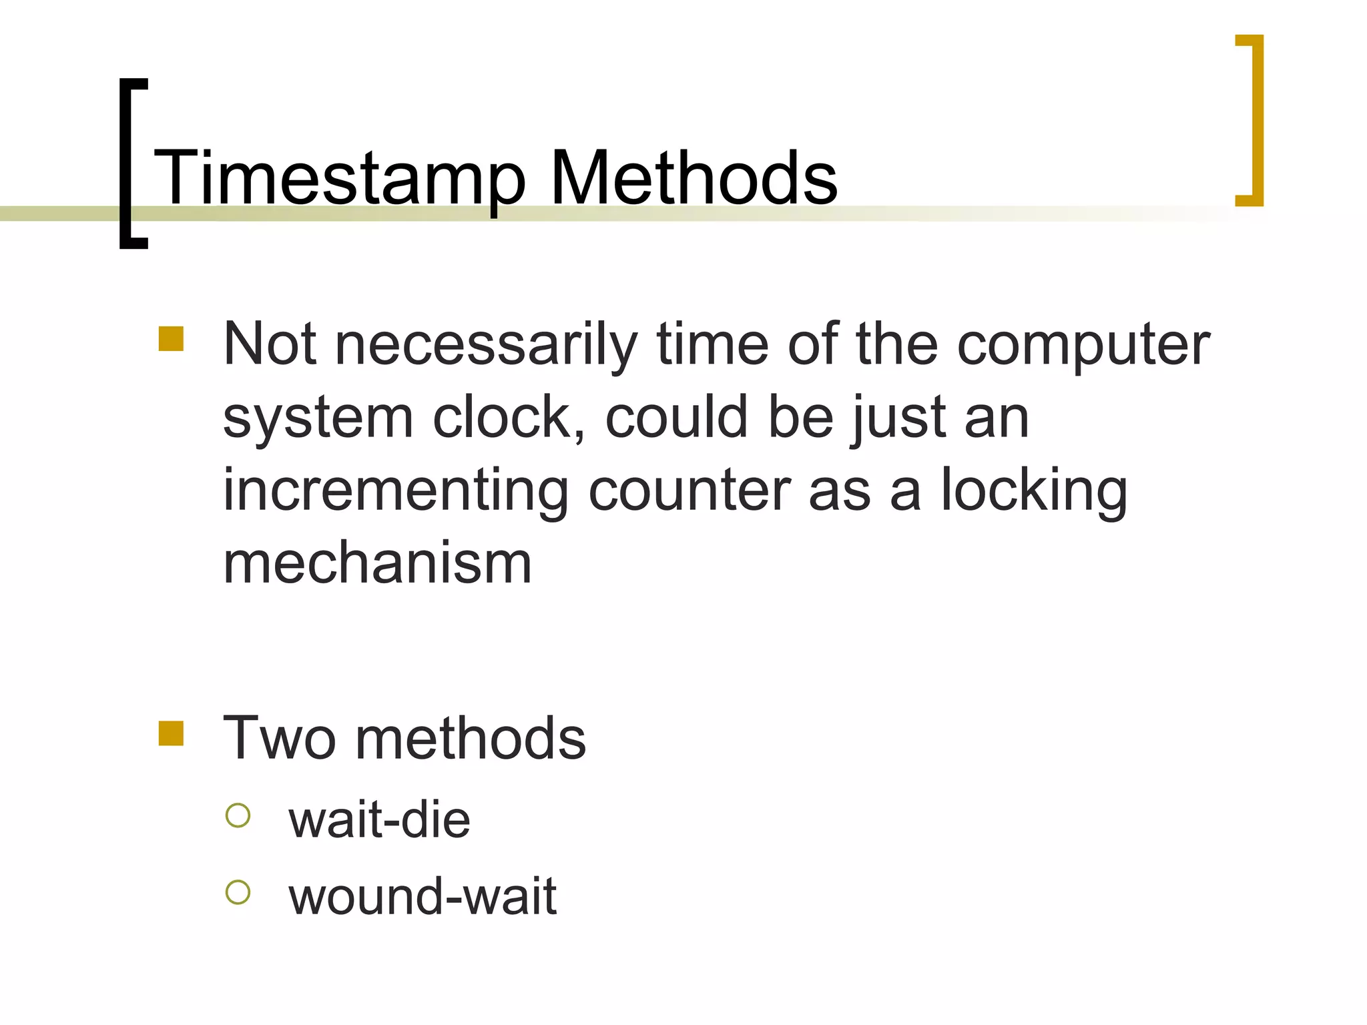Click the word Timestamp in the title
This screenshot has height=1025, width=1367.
tap(339, 179)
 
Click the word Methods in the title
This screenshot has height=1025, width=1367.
tap(693, 178)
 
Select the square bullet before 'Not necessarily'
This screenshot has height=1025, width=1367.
tap(171, 338)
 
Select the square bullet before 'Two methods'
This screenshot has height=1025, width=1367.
tap(171, 733)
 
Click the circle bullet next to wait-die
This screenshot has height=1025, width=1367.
tap(238, 815)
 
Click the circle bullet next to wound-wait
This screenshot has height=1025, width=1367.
tap(238, 892)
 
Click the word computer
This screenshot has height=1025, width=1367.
tap(1083, 346)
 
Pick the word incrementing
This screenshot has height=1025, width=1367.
tap(396, 491)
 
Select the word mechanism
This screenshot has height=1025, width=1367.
tap(377, 563)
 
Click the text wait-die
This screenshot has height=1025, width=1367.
tap(379, 819)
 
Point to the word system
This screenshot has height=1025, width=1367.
tap(318, 419)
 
